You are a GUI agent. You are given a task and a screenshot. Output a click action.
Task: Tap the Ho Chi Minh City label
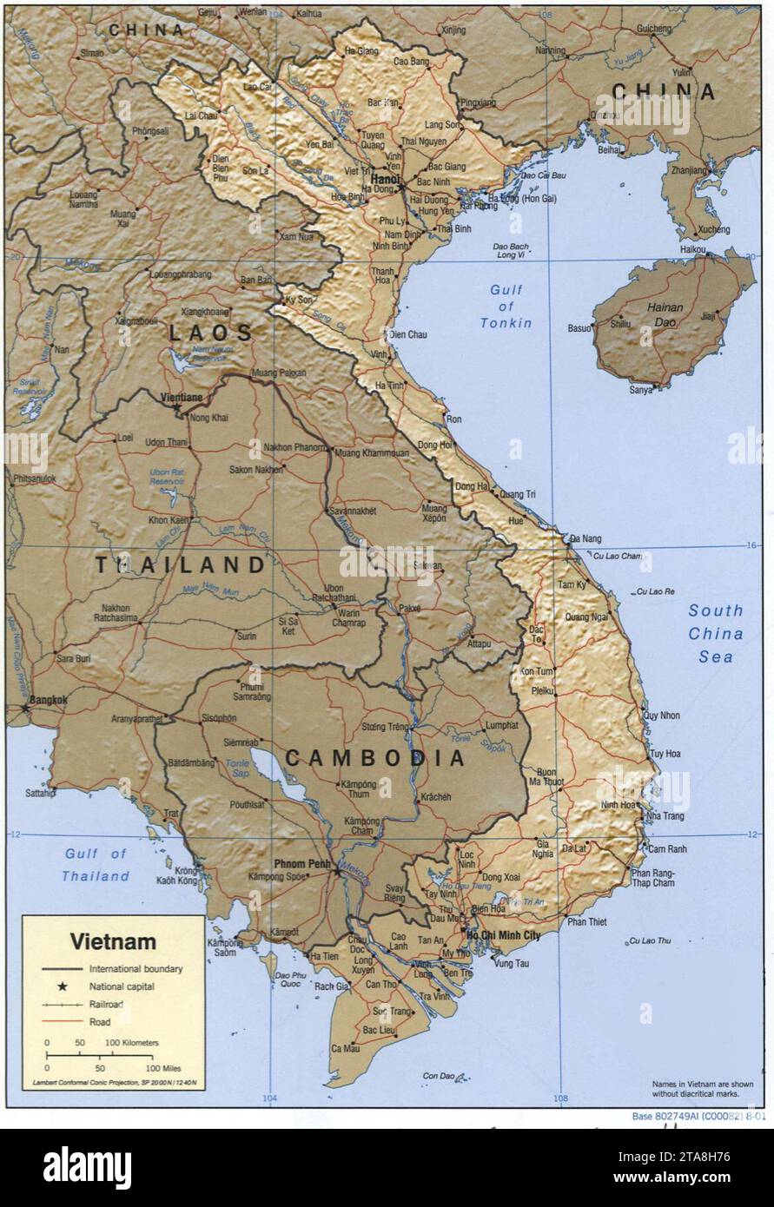(x=503, y=935)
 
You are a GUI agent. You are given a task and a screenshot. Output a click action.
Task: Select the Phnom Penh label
(x=302, y=863)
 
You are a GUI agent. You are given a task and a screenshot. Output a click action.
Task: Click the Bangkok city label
(x=48, y=699)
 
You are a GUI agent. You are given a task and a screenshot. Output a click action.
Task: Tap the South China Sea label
(x=716, y=633)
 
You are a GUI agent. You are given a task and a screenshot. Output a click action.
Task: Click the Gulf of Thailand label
(x=96, y=865)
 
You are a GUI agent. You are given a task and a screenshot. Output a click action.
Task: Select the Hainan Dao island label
(x=665, y=313)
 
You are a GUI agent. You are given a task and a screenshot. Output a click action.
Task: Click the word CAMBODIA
(x=375, y=758)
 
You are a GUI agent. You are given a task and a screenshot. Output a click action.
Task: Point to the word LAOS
(x=210, y=333)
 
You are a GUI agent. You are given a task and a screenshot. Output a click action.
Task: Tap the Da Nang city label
(x=585, y=538)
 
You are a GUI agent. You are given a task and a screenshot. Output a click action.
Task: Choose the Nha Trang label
(x=665, y=816)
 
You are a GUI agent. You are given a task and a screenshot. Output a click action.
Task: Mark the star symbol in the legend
(x=62, y=986)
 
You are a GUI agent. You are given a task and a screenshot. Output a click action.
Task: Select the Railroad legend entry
(x=106, y=1004)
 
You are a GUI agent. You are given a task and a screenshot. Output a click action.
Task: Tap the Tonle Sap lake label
(x=237, y=768)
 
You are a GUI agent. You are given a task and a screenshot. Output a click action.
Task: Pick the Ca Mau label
(x=345, y=1048)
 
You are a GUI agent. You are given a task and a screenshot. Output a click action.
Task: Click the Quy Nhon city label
(x=661, y=716)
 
